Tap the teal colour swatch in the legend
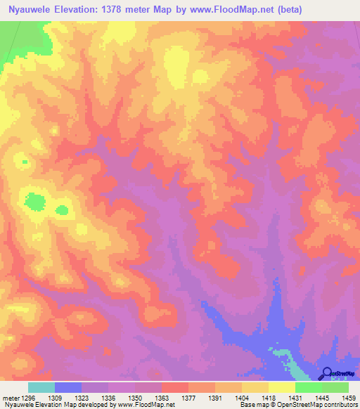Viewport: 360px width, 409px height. (x=41, y=387)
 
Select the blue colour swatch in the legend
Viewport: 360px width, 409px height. (x=68, y=387)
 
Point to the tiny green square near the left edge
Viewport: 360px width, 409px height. (x=25, y=162)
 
